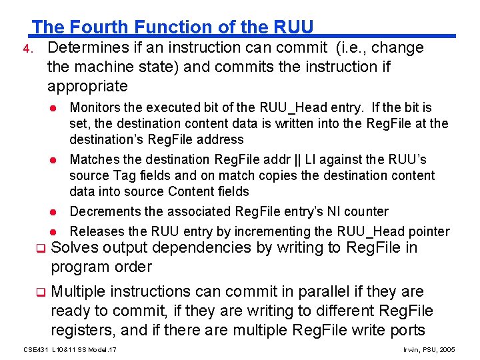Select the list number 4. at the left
pyautogui.click(x=25, y=49)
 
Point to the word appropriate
pyautogui.click(x=87, y=86)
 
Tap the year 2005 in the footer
pyautogui.click(x=447, y=349)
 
